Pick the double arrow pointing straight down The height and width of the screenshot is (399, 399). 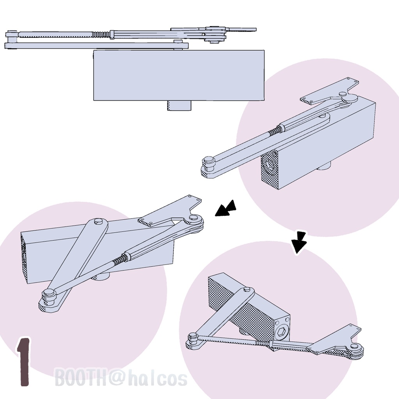point(299,242)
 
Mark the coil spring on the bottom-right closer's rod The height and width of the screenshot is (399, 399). point(262,343)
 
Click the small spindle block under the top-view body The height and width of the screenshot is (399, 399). point(179,105)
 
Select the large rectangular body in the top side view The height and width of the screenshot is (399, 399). point(179,75)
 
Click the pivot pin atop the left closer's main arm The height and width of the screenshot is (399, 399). point(98,221)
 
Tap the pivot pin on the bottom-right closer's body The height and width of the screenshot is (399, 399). point(246,290)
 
